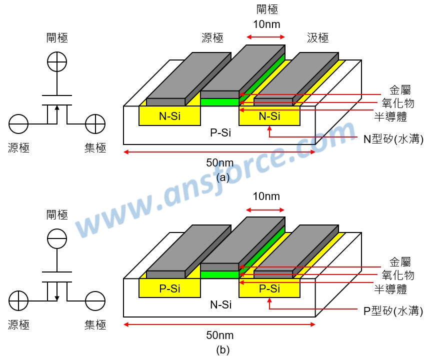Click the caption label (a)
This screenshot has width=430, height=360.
pyautogui.click(x=222, y=177)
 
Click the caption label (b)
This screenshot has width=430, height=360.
pyautogui.click(x=222, y=350)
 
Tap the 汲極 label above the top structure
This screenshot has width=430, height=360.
pyautogui.click(x=317, y=37)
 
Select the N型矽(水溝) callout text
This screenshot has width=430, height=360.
pyautogui.click(x=393, y=139)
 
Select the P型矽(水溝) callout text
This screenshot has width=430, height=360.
pyautogui.click(x=393, y=311)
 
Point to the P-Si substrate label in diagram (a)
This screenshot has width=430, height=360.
pyautogui.click(x=220, y=133)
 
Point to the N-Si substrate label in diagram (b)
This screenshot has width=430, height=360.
pyautogui.click(x=220, y=304)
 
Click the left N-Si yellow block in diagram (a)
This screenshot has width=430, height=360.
pyautogui.click(x=169, y=116)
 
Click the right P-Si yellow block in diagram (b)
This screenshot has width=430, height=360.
pyautogui.click(x=269, y=288)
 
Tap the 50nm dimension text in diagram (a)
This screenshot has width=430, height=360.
pyautogui.click(x=220, y=162)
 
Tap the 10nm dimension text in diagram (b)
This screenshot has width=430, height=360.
pyautogui.click(x=266, y=196)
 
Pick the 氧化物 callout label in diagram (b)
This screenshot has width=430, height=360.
pyautogui.click(x=398, y=275)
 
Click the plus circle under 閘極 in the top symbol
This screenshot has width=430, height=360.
pyautogui.click(x=56, y=62)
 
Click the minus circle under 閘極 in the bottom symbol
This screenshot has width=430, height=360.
pyautogui.click(x=56, y=238)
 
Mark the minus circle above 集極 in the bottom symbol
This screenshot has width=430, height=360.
pyautogui.click(x=95, y=301)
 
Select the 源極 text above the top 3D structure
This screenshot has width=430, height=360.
pyautogui.click(x=212, y=37)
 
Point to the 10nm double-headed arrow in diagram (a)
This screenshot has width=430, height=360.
pyautogui.click(x=266, y=37)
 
